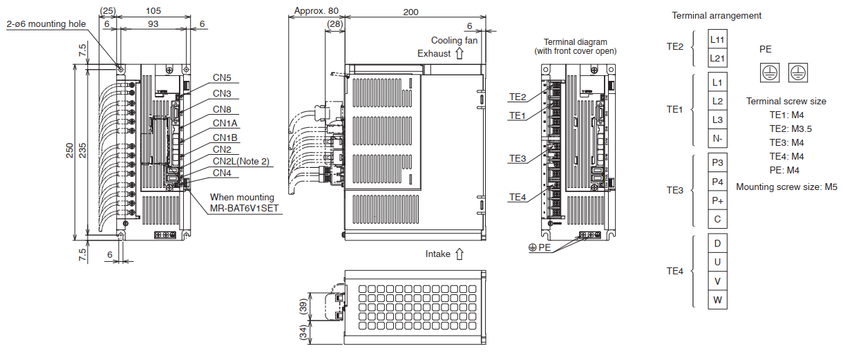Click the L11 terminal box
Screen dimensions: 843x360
(717, 39)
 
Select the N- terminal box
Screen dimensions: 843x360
(717, 138)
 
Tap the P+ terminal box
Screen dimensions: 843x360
(717, 200)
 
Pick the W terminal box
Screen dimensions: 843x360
(717, 300)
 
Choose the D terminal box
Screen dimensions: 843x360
(717, 243)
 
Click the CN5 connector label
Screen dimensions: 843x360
(222, 77)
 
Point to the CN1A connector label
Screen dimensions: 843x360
(225, 123)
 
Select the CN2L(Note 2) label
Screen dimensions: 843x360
(241, 162)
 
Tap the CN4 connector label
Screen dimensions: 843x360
(222, 173)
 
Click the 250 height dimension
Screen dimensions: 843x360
(70, 151)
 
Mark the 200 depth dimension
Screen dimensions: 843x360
(410, 12)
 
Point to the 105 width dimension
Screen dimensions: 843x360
(153, 11)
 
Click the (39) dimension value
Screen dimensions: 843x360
(303, 306)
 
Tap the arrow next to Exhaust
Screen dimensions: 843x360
(460, 54)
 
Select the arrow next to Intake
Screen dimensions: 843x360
(460, 254)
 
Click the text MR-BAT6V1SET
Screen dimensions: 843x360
(244, 209)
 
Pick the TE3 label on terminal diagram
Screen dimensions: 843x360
(518, 159)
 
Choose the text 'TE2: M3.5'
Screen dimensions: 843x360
(790, 129)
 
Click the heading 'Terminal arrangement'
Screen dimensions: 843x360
(717, 15)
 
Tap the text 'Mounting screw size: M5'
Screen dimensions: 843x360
(786, 187)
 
